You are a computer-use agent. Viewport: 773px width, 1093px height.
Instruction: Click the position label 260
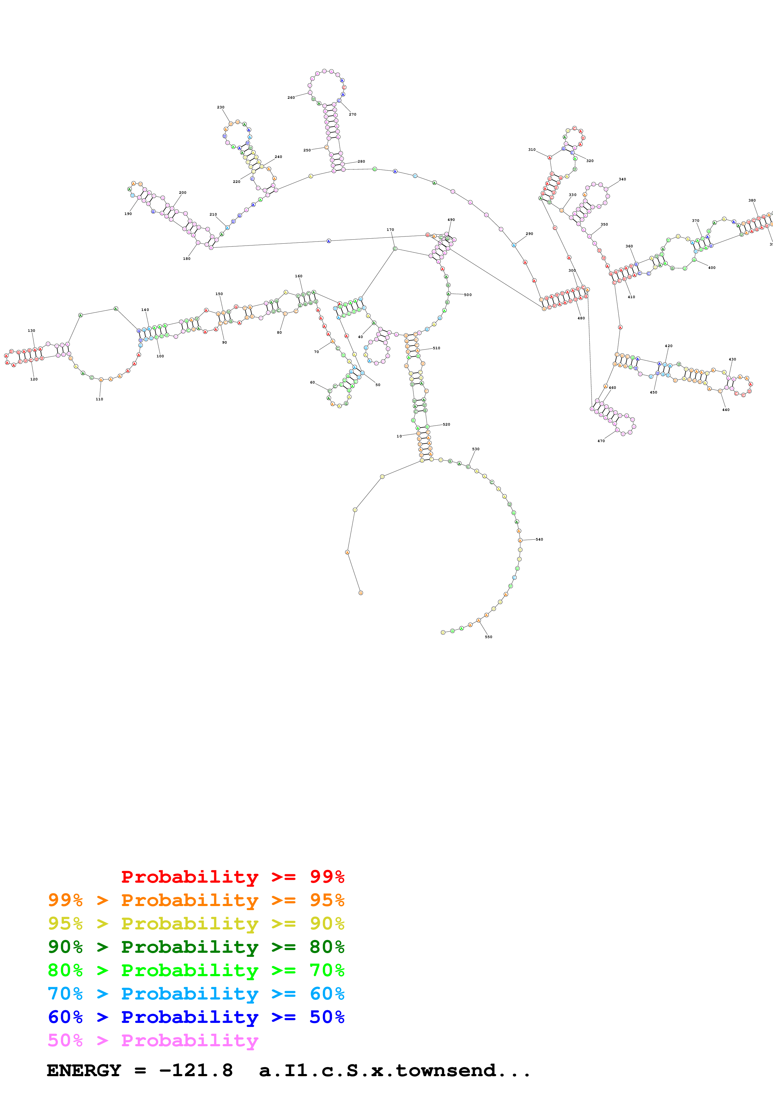(291, 98)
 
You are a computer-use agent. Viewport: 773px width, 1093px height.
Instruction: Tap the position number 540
(539, 539)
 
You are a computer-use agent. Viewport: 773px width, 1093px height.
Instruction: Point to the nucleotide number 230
(220, 107)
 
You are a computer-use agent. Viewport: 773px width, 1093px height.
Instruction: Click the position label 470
(601, 441)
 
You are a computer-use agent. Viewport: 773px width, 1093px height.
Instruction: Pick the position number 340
(622, 179)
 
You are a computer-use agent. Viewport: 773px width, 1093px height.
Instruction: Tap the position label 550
(488, 637)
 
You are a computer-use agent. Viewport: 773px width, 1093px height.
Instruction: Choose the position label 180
(187, 259)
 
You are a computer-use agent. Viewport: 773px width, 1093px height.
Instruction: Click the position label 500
(468, 295)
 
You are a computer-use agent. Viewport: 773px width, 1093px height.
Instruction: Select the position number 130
(31, 330)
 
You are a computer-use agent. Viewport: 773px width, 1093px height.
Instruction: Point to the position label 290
(529, 234)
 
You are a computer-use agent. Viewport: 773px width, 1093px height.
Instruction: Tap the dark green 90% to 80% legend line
(196, 947)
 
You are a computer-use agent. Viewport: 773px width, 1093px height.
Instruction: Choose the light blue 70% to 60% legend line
(196, 994)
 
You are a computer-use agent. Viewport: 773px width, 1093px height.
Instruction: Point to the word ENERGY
(84, 1071)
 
